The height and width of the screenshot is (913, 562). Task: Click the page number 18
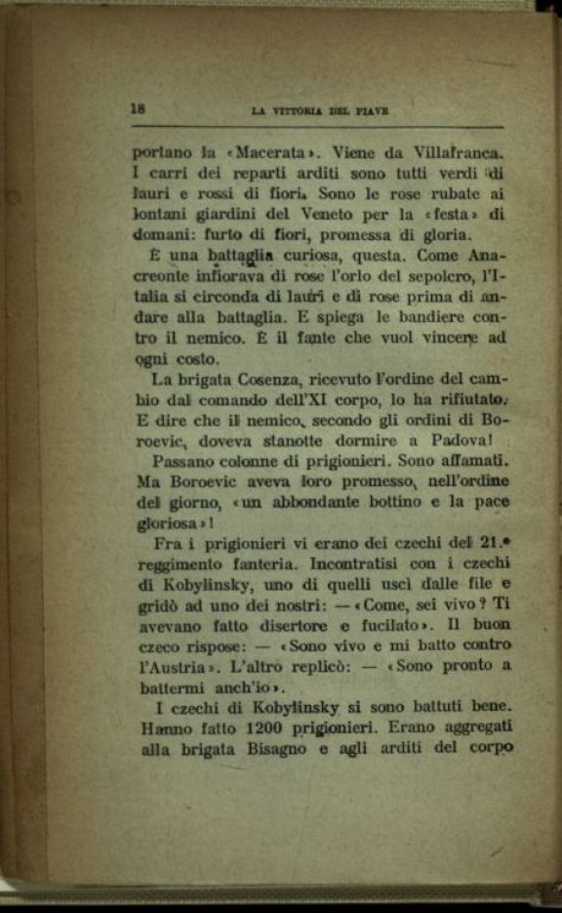tap(139, 109)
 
